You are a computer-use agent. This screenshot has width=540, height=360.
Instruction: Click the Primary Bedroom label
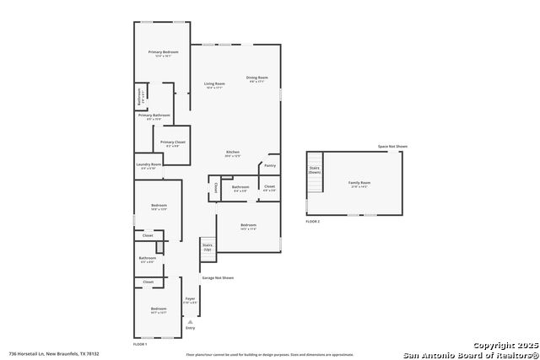click(163, 52)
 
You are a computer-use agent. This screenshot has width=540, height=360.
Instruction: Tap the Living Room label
click(214, 83)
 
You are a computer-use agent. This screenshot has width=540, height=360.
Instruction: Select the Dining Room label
click(256, 78)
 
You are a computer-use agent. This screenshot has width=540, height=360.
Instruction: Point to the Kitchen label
click(233, 152)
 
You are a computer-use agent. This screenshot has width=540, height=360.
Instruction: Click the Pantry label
click(270, 165)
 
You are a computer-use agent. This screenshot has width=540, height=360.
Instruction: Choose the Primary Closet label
click(172, 142)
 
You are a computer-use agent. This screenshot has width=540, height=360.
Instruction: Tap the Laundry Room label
click(150, 164)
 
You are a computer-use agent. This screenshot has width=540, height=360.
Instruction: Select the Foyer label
click(190, 298)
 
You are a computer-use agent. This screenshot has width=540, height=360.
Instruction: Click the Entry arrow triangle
click(190, 321)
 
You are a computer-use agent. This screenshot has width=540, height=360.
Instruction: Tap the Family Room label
click(359, 183)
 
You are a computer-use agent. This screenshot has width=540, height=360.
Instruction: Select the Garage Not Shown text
click(218, 277)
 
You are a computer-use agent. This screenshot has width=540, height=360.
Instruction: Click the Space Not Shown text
click(392, 147)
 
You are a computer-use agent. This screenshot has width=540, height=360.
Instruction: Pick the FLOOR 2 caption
click(313, 220)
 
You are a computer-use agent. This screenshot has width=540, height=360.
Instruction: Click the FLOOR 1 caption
click(140, 344)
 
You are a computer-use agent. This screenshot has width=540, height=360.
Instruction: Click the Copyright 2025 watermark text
click(503, 345)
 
